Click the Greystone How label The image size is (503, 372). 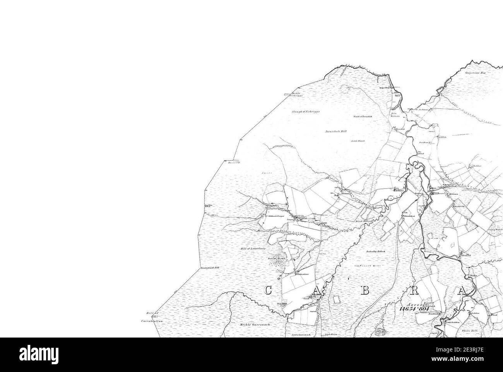(476, 73)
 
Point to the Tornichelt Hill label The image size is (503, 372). (336, 132)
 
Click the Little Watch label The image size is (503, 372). (358, 141)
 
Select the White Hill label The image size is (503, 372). (470, 331)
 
